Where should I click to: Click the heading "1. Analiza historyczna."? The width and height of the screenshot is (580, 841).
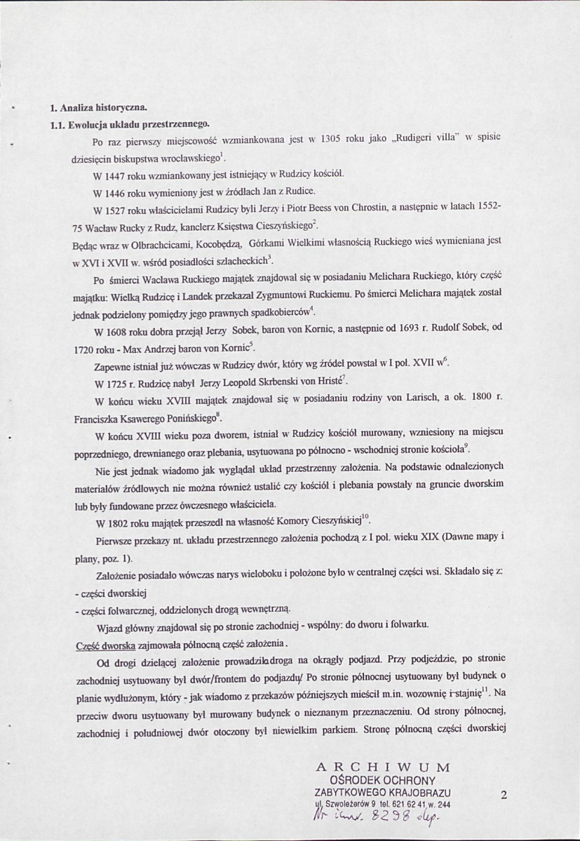click(x=97, y=108)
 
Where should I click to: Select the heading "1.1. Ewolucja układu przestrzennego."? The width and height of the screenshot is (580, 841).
click(x=129, y=124)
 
